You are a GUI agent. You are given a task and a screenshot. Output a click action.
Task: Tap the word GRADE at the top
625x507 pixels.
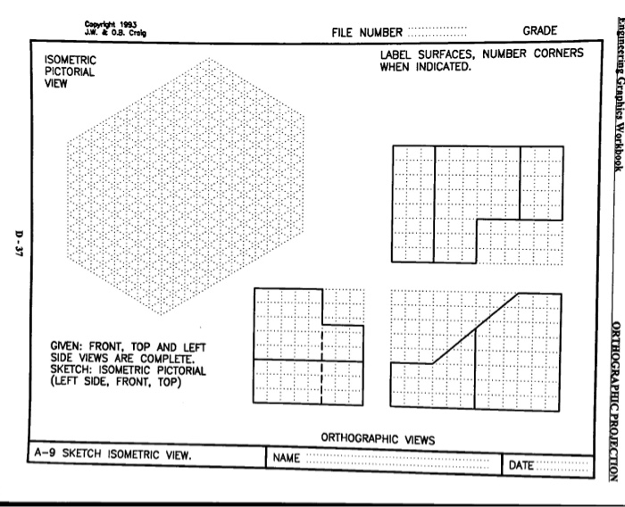click(x=540, y=31)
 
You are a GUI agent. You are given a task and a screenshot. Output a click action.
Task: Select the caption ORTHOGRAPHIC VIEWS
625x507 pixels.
click(x=378, y=439)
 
